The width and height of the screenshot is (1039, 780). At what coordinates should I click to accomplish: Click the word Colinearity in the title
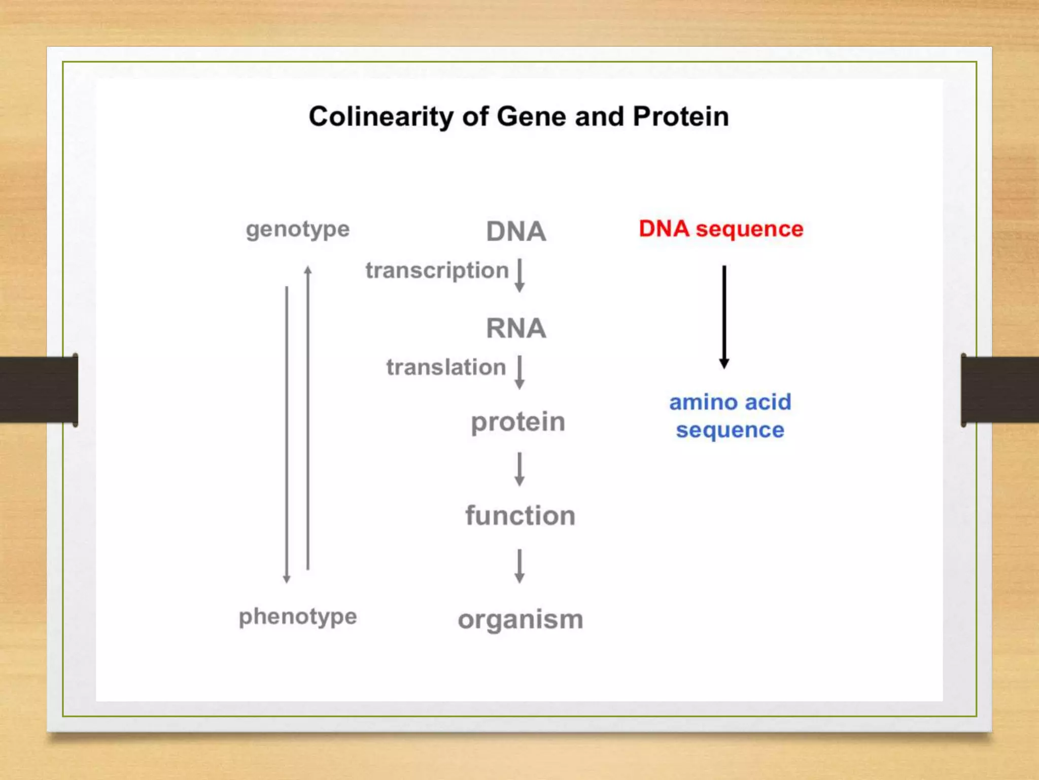pos(380,117)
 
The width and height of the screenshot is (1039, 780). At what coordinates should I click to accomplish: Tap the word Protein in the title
pos(681,117)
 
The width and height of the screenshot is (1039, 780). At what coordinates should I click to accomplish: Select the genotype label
pos(298,230)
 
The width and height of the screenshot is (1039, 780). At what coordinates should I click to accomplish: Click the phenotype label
pos(298,617)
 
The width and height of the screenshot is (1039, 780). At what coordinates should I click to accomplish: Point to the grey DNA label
pos(516,232)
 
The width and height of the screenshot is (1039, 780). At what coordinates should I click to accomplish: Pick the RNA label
pos(516,328)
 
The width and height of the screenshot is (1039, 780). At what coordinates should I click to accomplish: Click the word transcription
pos(437,271)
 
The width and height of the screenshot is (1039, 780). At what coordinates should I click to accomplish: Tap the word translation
pos(446,367)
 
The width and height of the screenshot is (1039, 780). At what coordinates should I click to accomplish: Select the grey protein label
pos(518,422)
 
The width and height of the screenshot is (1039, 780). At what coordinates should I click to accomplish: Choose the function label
pos(521,516)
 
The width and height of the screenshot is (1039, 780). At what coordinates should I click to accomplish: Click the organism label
pos(521,620)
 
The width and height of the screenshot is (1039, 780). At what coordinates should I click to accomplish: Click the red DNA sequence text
pos(721,229)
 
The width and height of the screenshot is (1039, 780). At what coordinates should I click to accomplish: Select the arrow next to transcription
pos(519,275)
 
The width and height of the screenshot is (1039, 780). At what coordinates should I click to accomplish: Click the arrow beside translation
pos(519,372)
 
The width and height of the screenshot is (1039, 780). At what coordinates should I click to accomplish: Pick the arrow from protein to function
pos(519,469)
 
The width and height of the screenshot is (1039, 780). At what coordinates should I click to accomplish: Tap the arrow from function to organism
pos(519,565)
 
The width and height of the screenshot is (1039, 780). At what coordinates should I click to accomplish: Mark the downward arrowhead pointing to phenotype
pos(287,579)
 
